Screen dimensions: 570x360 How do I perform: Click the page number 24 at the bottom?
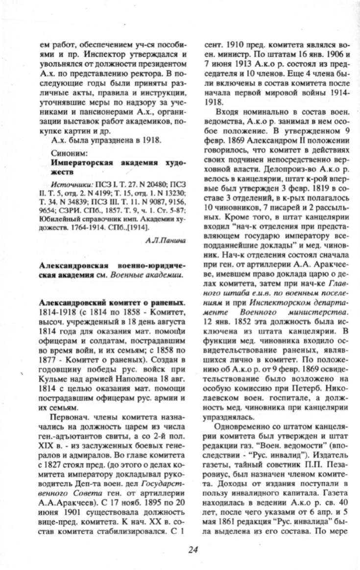point(193,549)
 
